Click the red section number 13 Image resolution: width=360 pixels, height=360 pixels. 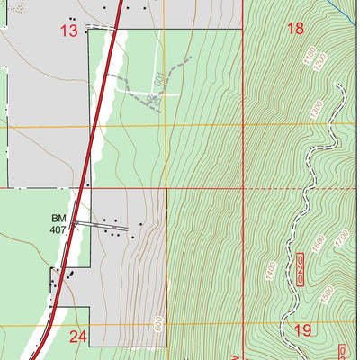point(69,31)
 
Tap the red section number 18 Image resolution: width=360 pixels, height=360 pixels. point(294,29)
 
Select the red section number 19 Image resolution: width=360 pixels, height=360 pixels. point(302,331)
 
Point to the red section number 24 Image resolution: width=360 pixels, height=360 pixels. point(78,337)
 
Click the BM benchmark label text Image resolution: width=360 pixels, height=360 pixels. point(58,219)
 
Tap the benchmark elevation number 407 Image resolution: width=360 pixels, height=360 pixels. point(59,230)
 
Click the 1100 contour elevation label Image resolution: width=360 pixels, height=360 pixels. point(310,59)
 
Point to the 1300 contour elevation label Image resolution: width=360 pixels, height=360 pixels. point(315,108)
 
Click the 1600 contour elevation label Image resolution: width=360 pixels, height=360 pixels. point(318,244)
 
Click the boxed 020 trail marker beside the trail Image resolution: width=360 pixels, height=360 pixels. point(301,269)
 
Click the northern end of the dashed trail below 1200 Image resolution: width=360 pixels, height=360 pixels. point(340,87)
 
